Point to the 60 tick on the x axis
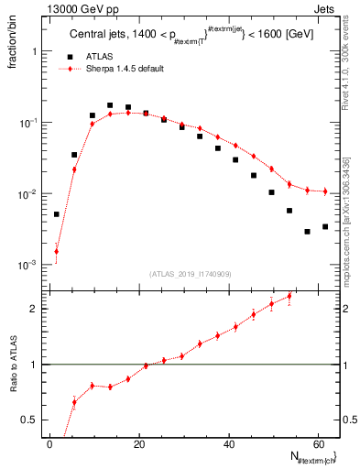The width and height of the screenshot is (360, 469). [x=318, y=443]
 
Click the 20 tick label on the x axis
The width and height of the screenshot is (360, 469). [x=139, y=443]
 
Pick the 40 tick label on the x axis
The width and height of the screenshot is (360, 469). [x=228, y=443]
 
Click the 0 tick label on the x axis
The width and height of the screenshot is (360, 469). [x=50, y=443]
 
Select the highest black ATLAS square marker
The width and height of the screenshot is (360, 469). [x=110, y=105]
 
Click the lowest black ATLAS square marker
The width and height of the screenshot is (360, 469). [x=307, y=232]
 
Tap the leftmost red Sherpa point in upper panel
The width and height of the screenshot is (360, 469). [x=56, y=251]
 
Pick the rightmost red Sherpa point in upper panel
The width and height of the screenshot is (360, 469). [x=324, y=191]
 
